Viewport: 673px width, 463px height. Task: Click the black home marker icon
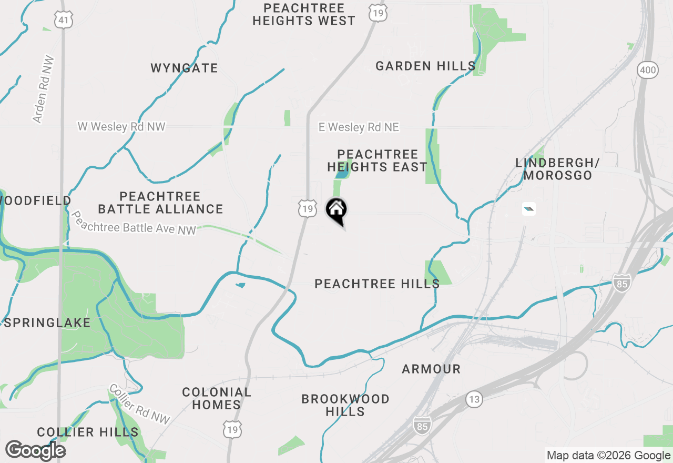[x=336, y=210]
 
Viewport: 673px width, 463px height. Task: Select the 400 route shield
[x=648, y=69]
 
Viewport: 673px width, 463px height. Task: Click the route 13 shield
[x=474, y=399]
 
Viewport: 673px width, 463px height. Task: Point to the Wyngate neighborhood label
[x=184, y=68]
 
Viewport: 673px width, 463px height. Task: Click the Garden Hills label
[x=426, y=66]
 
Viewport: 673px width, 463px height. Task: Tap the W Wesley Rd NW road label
[x=121, y=127]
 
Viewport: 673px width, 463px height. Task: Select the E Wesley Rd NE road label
[x=359, y=127]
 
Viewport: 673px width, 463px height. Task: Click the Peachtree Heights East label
[x=377, y=160]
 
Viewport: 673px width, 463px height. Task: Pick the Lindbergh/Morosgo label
[x=557, y=169]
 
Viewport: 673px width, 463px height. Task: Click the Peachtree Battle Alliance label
[x=160, y=203]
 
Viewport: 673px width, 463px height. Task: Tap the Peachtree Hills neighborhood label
[x=377, y=284]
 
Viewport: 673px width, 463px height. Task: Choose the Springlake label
[x=47, y=323]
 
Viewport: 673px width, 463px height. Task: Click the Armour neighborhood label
[x=431, y=369]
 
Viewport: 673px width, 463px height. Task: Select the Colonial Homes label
[x=217, y=398]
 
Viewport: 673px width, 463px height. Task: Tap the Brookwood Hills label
[x=345, y=405]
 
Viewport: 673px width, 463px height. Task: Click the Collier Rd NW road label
[x=140, y=404]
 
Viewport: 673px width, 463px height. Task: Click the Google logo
[x=36, y=451]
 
